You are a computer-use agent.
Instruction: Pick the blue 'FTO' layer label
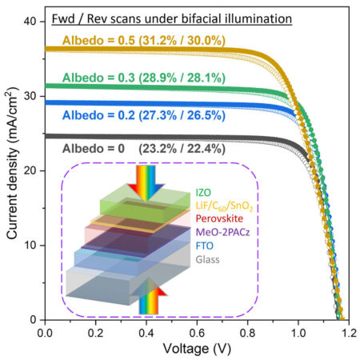pyautogui.click(x=206, y=245)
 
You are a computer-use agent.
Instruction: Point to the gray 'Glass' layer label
pyautogui.click(x=208, y=258)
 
